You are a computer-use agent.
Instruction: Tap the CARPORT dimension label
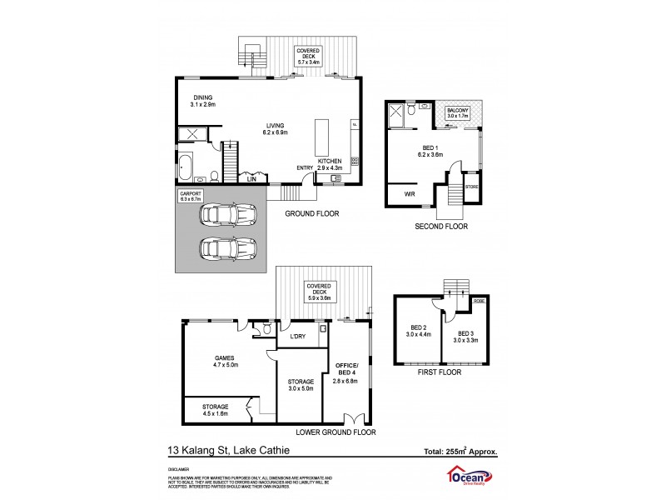191,197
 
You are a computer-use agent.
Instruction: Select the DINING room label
202,101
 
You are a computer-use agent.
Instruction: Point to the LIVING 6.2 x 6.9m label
276,128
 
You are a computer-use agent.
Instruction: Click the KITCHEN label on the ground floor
331,165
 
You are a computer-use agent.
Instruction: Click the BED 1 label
430,151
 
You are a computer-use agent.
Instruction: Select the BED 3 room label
465,336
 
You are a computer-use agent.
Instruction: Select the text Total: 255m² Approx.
460,452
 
